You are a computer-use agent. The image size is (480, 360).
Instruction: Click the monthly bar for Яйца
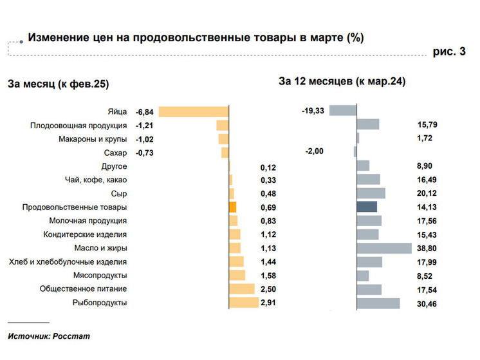pyautogui.click(x=193, y=111)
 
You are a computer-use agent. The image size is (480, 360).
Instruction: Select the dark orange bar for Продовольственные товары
pyautogui.click(x=233, y=207)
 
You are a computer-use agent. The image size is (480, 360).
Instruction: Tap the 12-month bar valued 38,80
pyautogui.click(x=384, y=248)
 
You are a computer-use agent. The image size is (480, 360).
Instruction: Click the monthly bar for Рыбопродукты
pyautogui.click(x=244, y=303)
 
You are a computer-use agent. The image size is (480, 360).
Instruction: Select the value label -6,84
pyautogui.click(x=145, y=112)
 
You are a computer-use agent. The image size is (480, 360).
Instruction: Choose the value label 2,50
pyautogui.click(x=268, y=289)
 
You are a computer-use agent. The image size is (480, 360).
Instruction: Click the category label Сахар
pyautogui.click(x=115, y=153)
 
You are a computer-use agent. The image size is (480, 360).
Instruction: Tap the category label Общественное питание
pyautogui.click(x=83, y=289)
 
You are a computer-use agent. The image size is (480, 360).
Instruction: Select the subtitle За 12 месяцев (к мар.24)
pyautogui.click(x=342, y=81)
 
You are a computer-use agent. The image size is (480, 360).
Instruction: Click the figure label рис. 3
pyautogui.click(x=448, y=52)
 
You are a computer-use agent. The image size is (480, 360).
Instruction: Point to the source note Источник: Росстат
pyautogui.click(x=49, y=336)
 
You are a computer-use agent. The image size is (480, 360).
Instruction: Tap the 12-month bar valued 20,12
pyautogui.click(x=371, y=193)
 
